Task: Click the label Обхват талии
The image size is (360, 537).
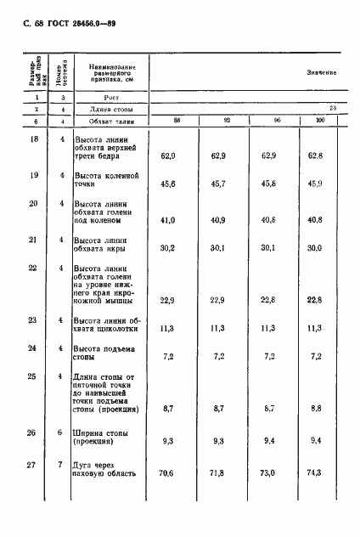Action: tap(107, 121)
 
